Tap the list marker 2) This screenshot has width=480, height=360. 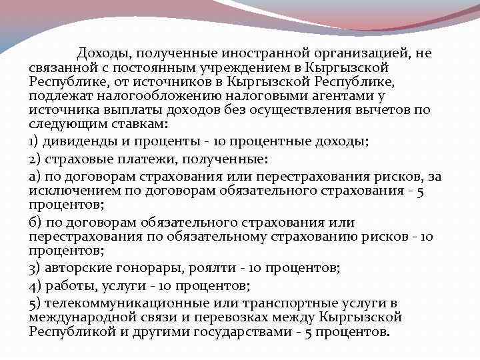click(x=36, y=159)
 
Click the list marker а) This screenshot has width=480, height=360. click(x=35, y=176)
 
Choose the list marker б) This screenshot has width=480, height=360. click(x=36, y=222)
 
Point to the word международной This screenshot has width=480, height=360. click(x=84, y=317)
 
